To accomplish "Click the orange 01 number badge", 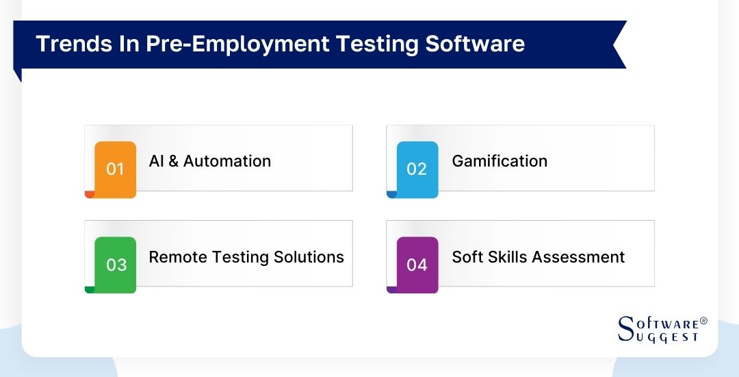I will (115, 169).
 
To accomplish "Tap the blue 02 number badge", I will (417, 169).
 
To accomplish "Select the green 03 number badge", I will (116, 265).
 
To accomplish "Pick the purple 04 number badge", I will (417, 265).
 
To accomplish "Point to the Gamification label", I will (500, 161).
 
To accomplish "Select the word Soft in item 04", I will (466, 257).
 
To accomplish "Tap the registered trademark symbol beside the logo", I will (703, 321).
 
